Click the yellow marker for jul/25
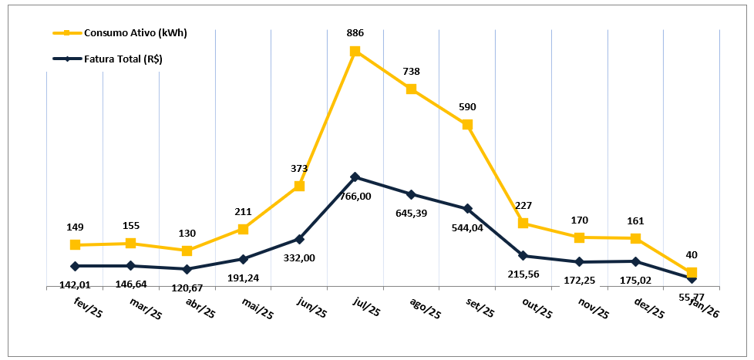(355, 52)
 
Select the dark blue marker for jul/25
(355, 177)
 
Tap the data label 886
(355, 33)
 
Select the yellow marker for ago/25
(412, 89)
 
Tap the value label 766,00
(355, 197)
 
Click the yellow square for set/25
(467, 124)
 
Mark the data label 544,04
(467, 228)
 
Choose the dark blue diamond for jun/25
(299, 239)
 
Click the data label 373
(299, 168)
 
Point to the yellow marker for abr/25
(187, 251)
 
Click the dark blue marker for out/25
(523, 256)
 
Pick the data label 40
(692, 254)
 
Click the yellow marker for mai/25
(243, 229)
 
